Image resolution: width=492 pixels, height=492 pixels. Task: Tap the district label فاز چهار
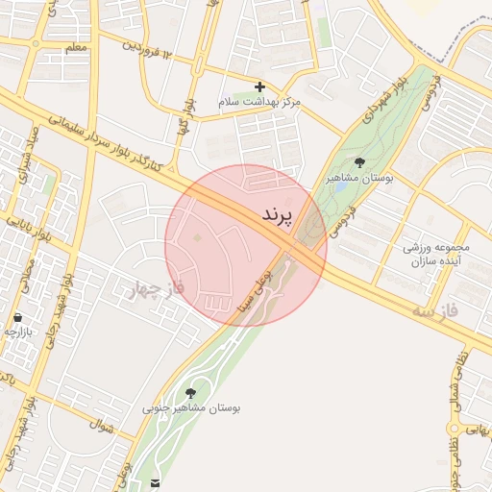point(155,287)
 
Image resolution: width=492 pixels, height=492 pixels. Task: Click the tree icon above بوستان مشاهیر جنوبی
point(190,392)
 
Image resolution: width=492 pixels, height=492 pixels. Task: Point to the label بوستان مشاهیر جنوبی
point(191,408)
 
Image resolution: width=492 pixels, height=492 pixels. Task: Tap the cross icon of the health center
point(259,86)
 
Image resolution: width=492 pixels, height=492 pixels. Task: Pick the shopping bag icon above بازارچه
point(17,317)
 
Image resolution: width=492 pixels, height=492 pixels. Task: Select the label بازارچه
point(18,332)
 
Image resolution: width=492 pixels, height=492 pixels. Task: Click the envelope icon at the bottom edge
point(156,481)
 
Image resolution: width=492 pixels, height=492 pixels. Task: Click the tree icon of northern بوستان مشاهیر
point(360,162)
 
